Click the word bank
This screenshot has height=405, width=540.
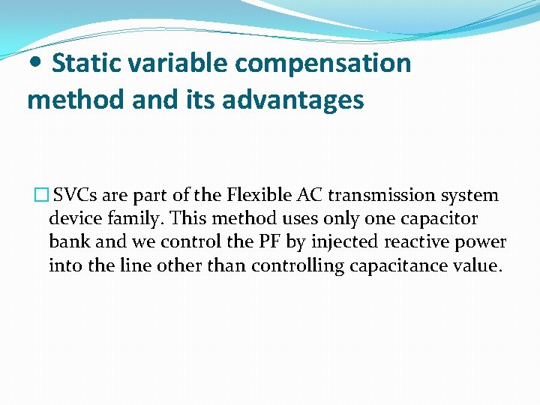pyautogui.click(x=67, y=242)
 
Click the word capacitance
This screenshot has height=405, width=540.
pyautogui.click(x=405, y=265)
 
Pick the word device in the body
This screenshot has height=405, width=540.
pyautogui.click(x=72, y=219)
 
